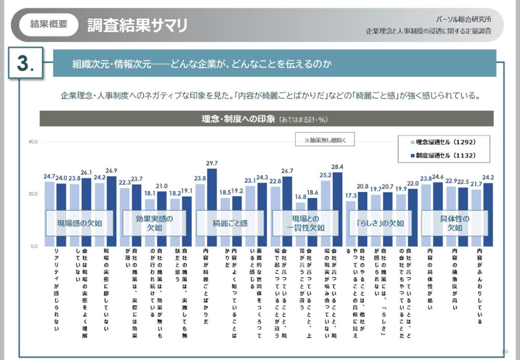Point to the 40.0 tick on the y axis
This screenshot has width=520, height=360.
pos(32,142)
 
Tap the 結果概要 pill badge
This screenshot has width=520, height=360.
pos(49,24)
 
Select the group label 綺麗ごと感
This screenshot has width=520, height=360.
pos(230,223)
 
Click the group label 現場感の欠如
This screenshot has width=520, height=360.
pos(79,223)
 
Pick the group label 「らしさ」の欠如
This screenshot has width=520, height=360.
pos(380,223)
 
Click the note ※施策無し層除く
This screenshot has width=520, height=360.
pos(325,140)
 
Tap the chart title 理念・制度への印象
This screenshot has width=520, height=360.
pos(238,119)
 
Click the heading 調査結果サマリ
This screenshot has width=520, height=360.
pos(137,25)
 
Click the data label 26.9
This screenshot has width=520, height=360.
pos(112,171)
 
